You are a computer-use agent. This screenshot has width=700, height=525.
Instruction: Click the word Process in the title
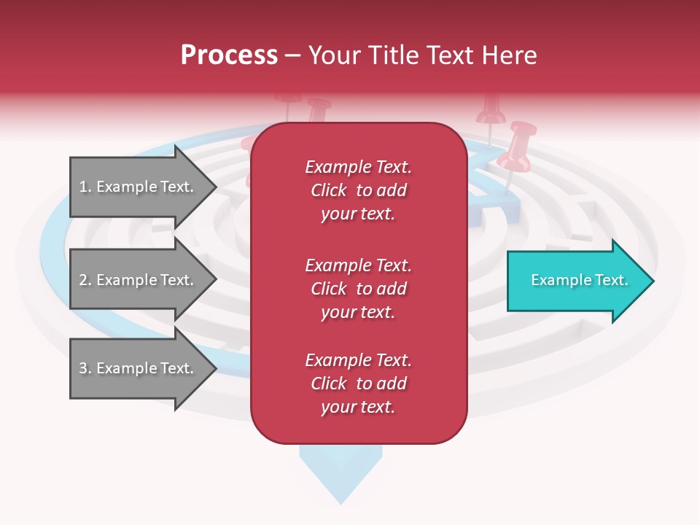(229, 55)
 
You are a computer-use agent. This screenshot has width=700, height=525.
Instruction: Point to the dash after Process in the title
(292, 56)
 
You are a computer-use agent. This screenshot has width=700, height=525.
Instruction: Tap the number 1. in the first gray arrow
(85, 187)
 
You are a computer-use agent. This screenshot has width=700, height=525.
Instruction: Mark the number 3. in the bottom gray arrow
(85, 368)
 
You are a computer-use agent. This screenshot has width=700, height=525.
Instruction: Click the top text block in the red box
(358, 190)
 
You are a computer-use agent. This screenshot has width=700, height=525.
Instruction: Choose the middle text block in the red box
(358, 289)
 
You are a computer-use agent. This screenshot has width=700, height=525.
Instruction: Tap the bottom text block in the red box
(358, 384)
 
